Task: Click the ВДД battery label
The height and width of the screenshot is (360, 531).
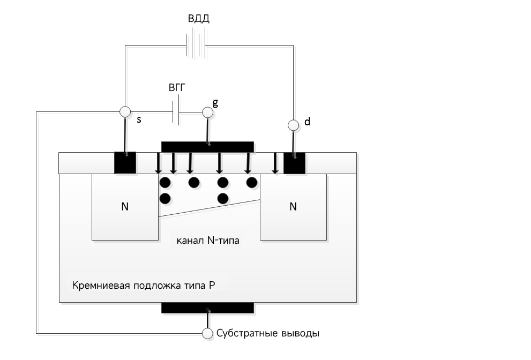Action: click(198, 19)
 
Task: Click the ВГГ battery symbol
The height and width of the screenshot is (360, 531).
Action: click(176, 112)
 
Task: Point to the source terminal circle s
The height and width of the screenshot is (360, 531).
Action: click(124, 111)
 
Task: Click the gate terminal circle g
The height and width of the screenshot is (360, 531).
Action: click(207, 112)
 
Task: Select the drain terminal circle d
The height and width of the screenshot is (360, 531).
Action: click(293, 125)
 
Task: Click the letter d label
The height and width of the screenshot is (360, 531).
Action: click(307, 122)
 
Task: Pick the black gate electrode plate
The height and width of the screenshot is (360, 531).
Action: click(207, 147)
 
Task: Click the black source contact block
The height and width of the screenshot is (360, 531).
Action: click(125, 163)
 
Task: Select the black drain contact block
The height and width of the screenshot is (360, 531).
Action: click(294, 163)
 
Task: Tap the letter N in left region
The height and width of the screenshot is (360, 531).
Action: click(125, 206)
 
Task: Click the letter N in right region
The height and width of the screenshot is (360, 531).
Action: click(293, 206)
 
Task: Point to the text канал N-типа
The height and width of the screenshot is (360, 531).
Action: click(208, 241)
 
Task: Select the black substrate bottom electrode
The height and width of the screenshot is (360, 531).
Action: click(207, 307)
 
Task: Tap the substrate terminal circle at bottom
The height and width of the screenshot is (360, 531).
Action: click(207, 333)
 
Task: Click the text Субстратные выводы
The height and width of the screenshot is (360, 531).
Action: click(268, 333)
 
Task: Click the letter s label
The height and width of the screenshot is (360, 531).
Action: click(139, 119)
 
